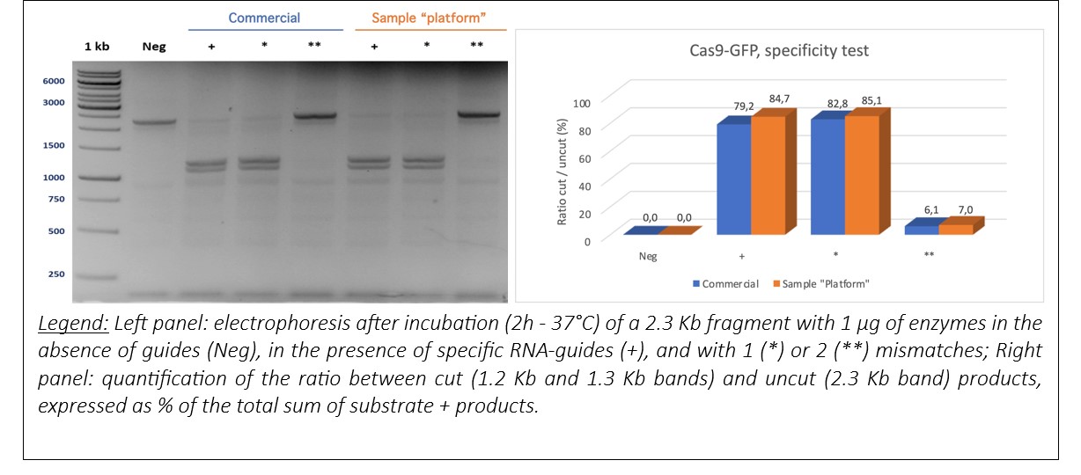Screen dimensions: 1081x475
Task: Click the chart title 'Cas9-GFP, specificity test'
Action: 778,51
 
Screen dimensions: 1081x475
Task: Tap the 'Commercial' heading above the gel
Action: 264,18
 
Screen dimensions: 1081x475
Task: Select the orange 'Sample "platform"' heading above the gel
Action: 429,18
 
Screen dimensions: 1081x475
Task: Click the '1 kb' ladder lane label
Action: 97,47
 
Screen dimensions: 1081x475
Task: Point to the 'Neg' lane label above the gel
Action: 154,47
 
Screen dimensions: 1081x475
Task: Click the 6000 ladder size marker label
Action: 54,81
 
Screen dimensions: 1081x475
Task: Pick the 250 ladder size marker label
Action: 56,274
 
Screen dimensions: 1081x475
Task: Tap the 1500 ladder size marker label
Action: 54,145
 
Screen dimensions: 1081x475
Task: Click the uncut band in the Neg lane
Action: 154,122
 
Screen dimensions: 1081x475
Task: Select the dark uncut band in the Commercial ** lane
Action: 314,116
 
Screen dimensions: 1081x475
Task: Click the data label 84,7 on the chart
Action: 779,99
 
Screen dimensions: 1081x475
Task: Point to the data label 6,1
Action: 931,209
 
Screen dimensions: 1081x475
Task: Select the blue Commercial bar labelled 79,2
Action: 734,179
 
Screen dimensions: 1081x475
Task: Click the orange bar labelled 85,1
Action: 863,175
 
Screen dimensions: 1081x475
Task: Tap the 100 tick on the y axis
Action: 582,103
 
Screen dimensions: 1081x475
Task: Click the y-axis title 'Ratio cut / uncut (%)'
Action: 562,172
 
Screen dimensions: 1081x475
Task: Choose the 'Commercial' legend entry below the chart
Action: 725,284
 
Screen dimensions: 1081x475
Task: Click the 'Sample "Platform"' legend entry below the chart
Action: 821,284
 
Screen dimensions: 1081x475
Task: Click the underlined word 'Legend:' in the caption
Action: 73,324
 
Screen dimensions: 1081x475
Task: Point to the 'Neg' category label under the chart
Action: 648,256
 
